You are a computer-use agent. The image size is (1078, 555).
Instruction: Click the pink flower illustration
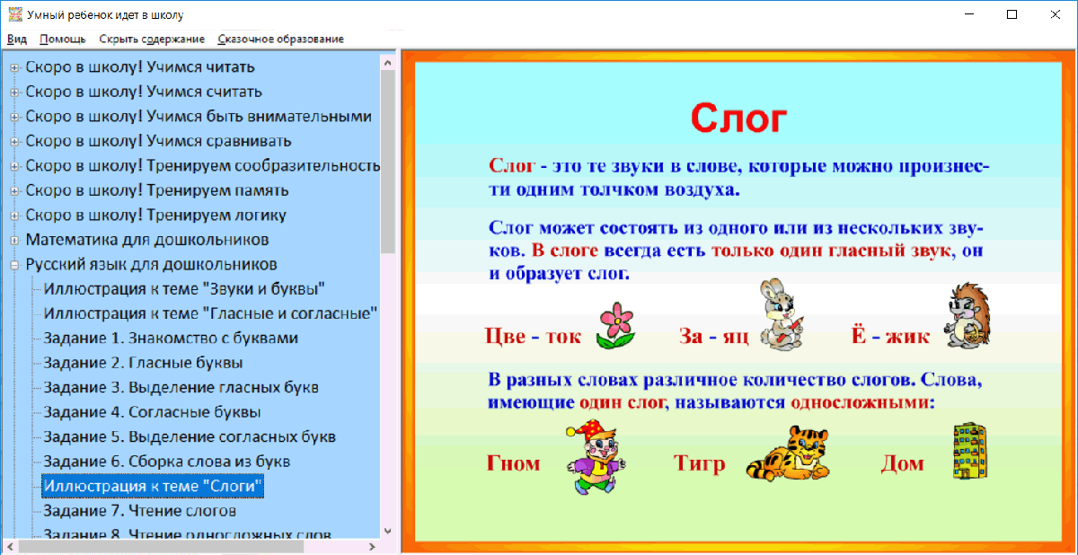[x=615, y=325]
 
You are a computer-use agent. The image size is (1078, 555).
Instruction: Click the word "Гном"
[x=514, y=463]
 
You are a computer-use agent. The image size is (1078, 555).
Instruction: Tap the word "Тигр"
[x=699, y=463]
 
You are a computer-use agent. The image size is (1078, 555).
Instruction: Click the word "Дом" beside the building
[x=902, y=463]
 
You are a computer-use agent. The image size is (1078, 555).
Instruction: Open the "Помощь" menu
[x=63, y=39]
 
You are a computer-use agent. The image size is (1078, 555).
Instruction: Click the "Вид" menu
[x=17, y=39]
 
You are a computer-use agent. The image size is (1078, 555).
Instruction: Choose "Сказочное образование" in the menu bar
[x=280, y=39]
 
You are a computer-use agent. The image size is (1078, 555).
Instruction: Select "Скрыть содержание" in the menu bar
[x=152, y=39]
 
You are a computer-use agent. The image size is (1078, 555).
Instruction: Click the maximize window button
[x=1012, y=14]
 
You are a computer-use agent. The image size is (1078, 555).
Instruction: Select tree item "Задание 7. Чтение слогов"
[x=139, y=511]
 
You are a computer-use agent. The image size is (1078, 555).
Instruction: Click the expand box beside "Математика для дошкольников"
[x=14, y=241]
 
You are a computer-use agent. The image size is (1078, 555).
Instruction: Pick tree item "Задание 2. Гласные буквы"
[x=143, y=363]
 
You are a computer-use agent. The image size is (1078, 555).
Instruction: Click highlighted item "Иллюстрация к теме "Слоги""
[x=154, y=486]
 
